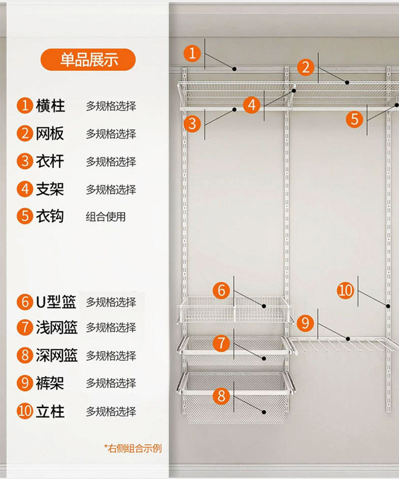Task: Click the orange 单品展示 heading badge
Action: coord(88,60)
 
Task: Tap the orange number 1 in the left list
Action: coord(24,106)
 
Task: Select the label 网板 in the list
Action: coord(50,134)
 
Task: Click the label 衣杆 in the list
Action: coord(50,162)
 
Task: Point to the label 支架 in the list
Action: coord(50,189)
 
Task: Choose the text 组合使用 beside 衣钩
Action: coord(106,217)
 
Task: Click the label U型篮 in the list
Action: coord(56,302)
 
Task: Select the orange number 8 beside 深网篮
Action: coord(24,355)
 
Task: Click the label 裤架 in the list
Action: coord(50,383)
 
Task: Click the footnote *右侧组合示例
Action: coord(133,448)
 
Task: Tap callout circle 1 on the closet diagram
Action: coord(192,53)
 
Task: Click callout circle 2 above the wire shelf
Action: coord(306,67)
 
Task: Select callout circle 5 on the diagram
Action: coord(355,119)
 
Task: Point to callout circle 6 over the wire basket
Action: coord(221,291)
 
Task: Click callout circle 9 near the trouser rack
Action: coord(305,322)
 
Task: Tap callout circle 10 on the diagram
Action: coord(346,290)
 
